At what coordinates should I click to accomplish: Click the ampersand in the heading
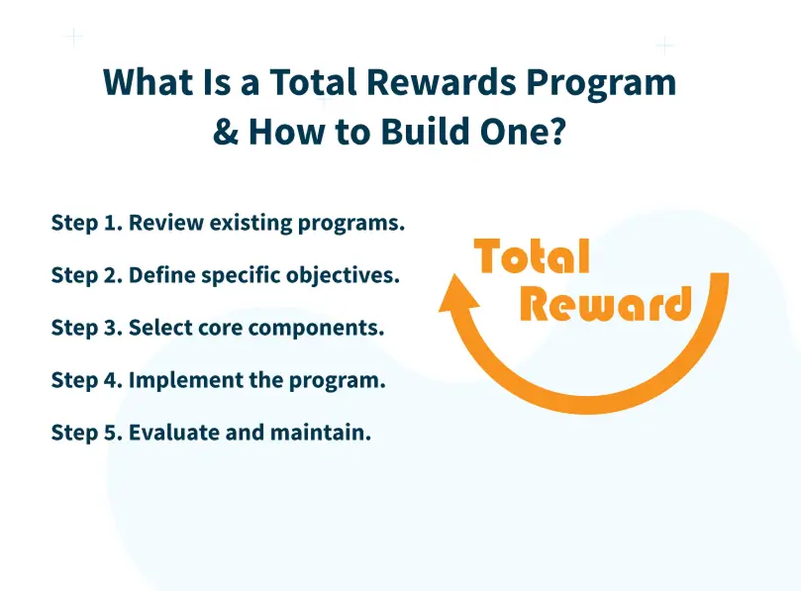coord(226,131)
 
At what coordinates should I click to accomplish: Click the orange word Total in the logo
coord(533,257)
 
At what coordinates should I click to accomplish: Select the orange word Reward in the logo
coord(605,305)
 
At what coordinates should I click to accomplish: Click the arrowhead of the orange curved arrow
coord(456,295)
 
